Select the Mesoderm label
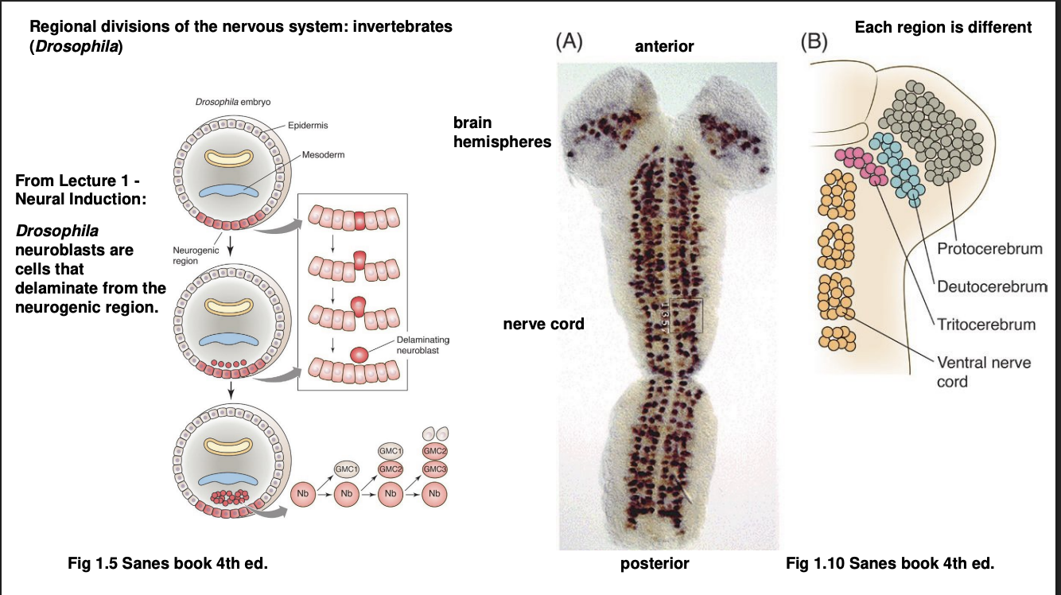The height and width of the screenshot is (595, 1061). [323, 154]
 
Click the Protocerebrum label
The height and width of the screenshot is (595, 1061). [989, 248]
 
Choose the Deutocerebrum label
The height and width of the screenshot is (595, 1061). [992, 286]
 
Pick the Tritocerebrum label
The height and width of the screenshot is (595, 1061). [986, 324]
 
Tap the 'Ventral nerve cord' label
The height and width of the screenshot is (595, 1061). [983, 371]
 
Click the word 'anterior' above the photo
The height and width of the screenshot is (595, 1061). [664, 47]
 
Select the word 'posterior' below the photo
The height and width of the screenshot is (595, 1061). [655, 564]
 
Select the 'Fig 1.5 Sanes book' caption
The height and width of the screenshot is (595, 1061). [169, 564]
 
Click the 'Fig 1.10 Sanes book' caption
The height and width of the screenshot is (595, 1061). [890, 564]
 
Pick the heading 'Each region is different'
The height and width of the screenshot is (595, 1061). [943, 28]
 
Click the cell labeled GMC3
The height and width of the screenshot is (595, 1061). [433, 469]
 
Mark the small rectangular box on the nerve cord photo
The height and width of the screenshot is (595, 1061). [686, 315]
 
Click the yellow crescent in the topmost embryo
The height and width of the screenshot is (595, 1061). [229, 158]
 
